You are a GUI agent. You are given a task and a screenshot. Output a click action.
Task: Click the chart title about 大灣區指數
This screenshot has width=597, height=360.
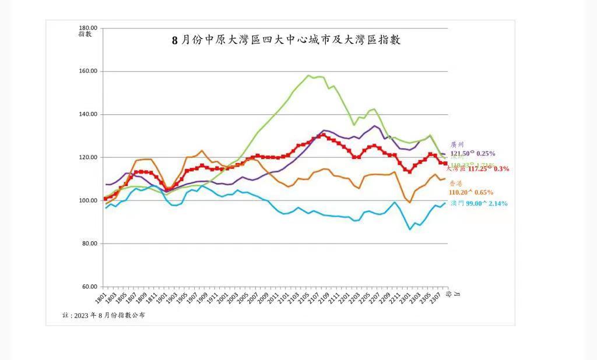[286, 40]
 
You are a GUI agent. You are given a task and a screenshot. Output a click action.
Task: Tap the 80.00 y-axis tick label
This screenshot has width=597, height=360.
[90, 243]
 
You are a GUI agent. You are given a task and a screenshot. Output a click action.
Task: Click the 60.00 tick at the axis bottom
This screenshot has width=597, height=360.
[90, 287]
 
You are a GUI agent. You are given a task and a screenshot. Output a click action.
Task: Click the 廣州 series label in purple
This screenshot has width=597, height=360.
[458, 144]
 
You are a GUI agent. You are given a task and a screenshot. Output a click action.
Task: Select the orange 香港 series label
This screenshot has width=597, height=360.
[456, 183]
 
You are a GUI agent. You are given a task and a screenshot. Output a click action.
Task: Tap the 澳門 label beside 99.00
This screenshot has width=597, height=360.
[458, 203]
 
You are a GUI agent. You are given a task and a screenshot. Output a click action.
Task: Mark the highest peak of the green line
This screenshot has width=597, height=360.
[308, 75]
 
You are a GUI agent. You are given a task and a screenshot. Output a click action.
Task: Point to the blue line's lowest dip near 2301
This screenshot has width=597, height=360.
[410, 230]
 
